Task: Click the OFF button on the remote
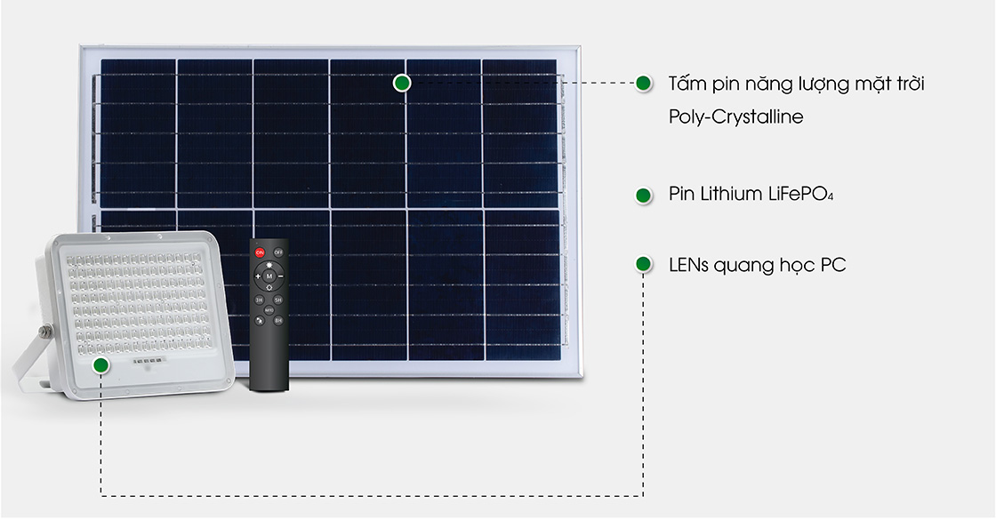click(278, 252)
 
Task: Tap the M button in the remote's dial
click(269, 276)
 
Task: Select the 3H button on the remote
click(259, 300)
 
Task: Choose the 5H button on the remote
click(278, 300)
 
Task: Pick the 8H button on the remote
click(278, 321)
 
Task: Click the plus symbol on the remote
click(258, 276)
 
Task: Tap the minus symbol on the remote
click(280, 276)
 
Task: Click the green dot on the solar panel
click(401, 83)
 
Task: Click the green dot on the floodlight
click(100, 365)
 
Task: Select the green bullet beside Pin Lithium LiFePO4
click(644, 195)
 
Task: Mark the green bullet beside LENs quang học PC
click(644, 264)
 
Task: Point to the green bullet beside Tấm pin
click(644, 84)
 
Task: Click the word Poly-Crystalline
click(735, 116)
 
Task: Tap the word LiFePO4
click(800, 195)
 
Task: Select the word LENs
click(688, 265)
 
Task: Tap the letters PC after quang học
click(832, 265)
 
